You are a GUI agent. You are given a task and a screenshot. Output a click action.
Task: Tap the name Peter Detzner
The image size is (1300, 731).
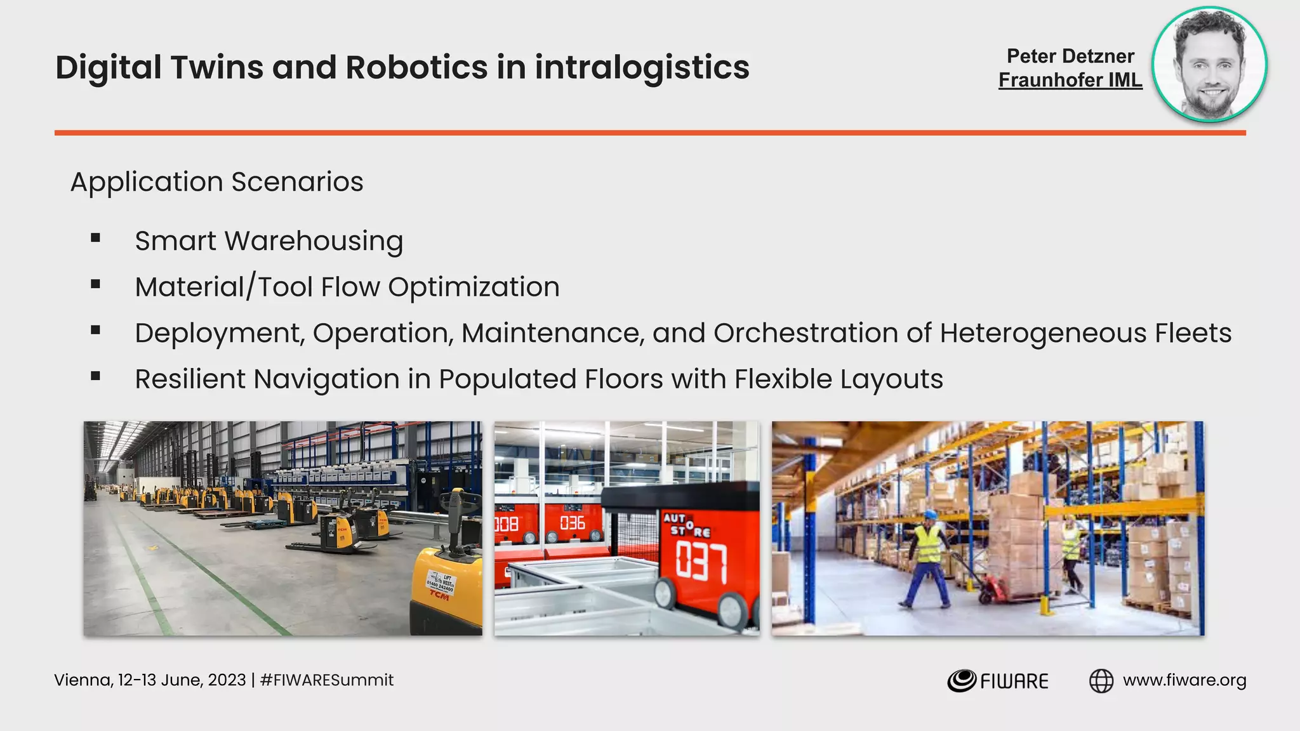(1070, 56)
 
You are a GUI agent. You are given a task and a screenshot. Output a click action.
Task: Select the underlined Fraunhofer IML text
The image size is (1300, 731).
(1070, 80)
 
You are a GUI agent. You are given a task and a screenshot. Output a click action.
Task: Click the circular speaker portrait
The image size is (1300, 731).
(1209, 64)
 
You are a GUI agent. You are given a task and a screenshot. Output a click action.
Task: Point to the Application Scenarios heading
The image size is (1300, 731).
(216, 182)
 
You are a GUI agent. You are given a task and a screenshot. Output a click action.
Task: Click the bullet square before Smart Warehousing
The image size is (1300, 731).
(96, 239)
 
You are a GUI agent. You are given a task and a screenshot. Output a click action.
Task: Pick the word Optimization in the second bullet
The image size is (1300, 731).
(474, 287)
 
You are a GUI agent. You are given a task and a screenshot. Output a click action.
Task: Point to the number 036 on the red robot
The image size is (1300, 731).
(572, 524)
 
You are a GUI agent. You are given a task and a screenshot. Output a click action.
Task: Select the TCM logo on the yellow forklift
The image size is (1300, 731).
(439, 595)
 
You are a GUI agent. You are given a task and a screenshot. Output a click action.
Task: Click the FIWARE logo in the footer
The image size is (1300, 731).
(998, 681)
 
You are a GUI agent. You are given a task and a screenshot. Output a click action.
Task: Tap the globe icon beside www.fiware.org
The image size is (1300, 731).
(1101, 681)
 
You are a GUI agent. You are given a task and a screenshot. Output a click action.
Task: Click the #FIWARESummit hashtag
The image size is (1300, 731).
(327, 680)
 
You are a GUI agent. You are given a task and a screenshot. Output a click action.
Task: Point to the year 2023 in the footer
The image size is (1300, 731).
(227, 680)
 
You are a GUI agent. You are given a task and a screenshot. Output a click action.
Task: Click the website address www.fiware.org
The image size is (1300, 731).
(1184, 680)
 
